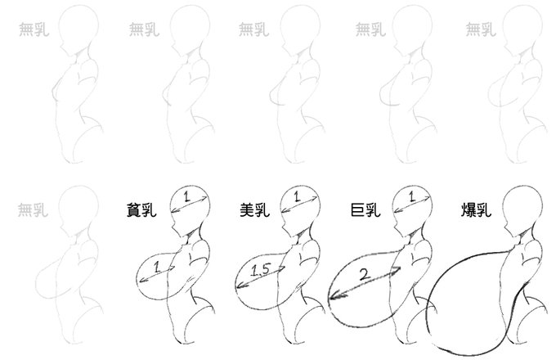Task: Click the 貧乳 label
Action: tap(144, 209)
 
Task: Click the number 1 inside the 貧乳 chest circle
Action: tap(159, 267)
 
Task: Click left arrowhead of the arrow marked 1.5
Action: tap(237, 287)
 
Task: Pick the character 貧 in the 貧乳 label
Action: tap(135, 209)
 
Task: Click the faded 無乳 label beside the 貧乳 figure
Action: tap(32, 210)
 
